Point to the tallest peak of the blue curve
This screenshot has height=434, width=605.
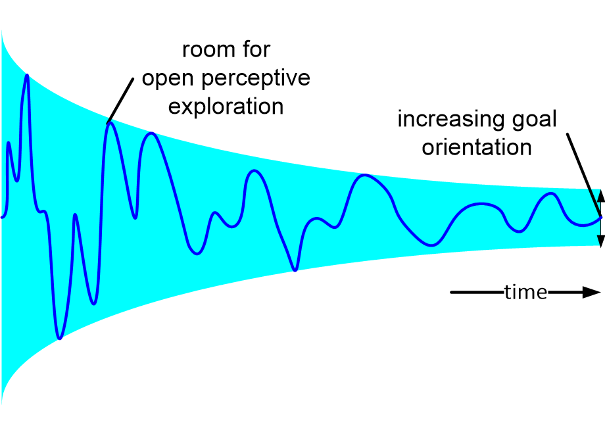tap(27, 75)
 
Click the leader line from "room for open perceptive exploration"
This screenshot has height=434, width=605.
tap(122, 99)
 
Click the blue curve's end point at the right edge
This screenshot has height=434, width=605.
tap(600, 218)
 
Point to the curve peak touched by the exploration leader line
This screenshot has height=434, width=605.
tap(110, 123)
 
